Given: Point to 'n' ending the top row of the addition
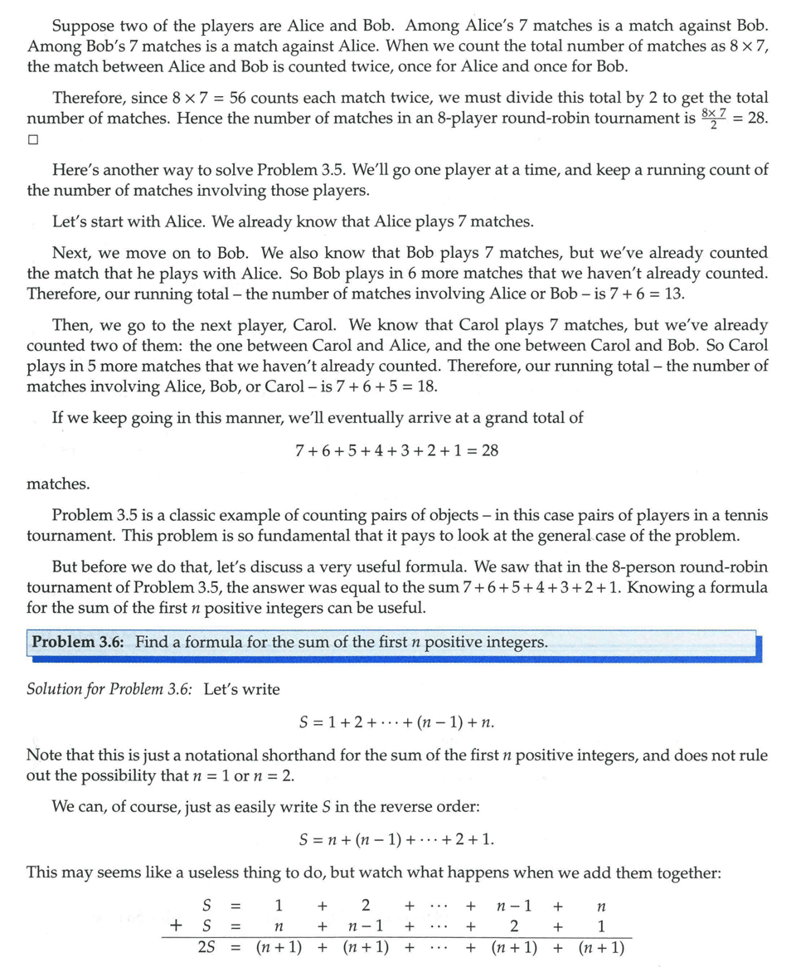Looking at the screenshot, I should pyautogui.click(x=601, y=904).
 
